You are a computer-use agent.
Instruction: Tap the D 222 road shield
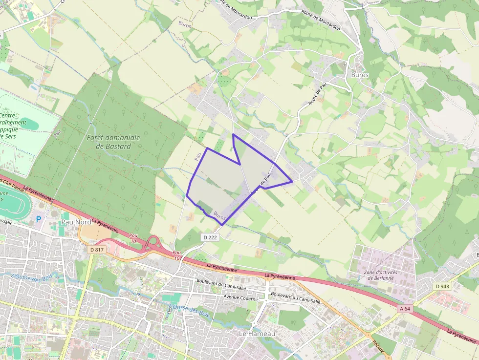[210, 237]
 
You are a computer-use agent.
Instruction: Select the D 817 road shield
[97, 250]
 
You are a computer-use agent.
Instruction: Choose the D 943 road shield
[442, 286]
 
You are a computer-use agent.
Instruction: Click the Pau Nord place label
[76, 222]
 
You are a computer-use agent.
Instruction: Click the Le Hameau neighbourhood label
[257, 333]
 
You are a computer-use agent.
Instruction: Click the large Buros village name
[360, 75]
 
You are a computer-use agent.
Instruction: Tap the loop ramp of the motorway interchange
[155, 242]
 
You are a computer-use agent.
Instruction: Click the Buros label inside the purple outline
[219, 214]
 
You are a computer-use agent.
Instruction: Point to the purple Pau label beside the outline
[198, 157]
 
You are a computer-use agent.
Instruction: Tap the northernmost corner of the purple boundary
[233, 134]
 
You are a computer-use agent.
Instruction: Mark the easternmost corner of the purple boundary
[292, 182]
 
